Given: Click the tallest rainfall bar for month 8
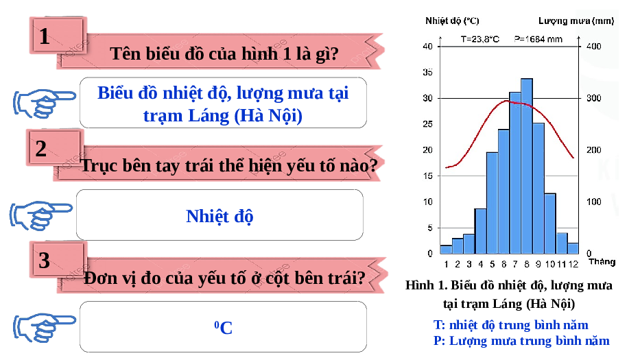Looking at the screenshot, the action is point(527,166).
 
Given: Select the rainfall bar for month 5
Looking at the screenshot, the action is point(492,203).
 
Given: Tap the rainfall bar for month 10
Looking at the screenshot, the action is point(549,224).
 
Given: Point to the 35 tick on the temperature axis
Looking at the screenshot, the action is point(427,72).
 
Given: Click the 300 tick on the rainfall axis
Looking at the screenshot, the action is point(594,98).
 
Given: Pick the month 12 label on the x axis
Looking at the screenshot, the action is point(573,264).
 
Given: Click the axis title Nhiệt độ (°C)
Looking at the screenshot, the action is point(452,21).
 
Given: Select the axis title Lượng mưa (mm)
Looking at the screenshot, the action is point(576,21).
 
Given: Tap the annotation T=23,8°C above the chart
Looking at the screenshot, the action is point(480,39).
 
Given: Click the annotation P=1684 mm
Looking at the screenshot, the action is point(538,39).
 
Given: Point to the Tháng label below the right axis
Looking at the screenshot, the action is point(602,262).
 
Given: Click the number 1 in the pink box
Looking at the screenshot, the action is point(45,36).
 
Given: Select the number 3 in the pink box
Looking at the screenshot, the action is point(44,261).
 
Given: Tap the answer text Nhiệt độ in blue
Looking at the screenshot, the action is point(220,216).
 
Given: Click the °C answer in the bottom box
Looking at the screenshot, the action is point(223,327).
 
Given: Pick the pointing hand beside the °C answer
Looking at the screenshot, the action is point(44,327).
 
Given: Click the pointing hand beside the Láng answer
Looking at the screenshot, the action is point(44,104).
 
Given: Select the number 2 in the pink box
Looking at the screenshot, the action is point(41,149).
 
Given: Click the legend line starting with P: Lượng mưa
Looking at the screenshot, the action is point(521,340).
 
